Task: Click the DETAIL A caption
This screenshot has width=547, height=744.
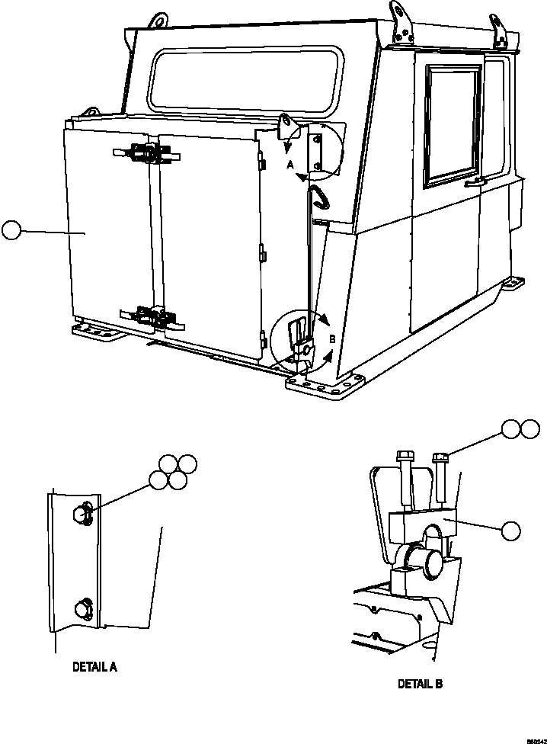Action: (94, 666)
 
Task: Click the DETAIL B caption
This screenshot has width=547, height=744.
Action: (420, 684)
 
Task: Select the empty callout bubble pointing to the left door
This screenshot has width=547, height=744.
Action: (11, 229)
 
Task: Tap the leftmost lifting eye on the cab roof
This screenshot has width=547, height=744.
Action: (158, 21)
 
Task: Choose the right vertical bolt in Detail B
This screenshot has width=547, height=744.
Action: (440, 480)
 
